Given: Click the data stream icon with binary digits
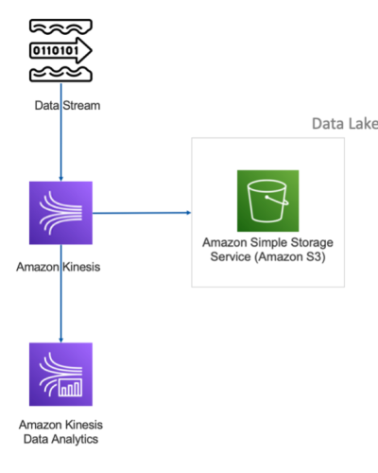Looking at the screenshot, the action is pyautogui.click(x=60, y=50).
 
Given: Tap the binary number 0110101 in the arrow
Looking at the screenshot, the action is pyautogui.click(x=56, y=50).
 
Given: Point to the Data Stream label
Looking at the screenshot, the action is pyautogui.click(x=67, y=106).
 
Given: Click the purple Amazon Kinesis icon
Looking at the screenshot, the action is pyautogui.click(x=60, y=213).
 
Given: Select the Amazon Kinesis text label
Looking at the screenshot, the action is pyautogui.click(x=59, y=267).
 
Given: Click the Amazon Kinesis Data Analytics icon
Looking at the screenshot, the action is pyautogui.click(x=60, y=375).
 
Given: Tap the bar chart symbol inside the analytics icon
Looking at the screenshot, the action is pyautogui.click(x=70, y=388).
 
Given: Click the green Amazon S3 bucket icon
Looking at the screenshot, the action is pyautogui.click(x=267, y=201).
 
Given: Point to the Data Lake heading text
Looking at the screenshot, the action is pyautogui.click(x=345, y=124).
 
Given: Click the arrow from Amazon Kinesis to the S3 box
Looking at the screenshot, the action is pyautogui.click(x=142, y=213).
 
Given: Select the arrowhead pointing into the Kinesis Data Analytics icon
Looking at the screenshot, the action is pyautogui.click(x=61, y=341).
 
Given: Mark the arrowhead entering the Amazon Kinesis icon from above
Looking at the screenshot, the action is pyautogui.click(x=61, y=179).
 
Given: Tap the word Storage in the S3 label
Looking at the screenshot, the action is pyautogui.click(x=312, y=243).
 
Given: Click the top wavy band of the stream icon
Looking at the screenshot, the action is pyautogui.click(x=60, y=26).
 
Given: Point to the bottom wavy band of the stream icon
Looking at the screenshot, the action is pyautogui.click(x=60, y=75).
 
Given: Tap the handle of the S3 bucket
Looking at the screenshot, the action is pyautogui.click(x=277, y=201).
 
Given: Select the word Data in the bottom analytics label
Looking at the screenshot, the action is pyautogui.click(x=36, y=439).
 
